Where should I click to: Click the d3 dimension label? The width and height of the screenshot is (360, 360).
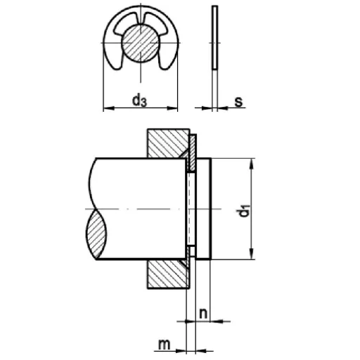pos(140,101)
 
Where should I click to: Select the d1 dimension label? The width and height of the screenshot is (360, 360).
pos(243,210)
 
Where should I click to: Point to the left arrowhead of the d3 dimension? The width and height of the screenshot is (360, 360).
pos(108,108)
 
